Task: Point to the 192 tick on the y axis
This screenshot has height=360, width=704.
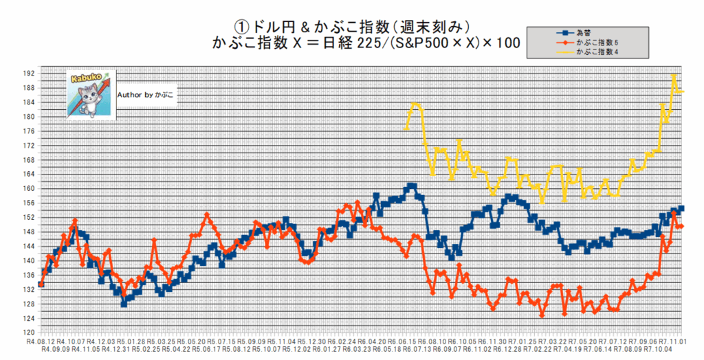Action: [29, 74]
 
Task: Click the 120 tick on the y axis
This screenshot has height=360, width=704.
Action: [29, 333]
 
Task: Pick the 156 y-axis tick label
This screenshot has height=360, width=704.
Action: [29, 203]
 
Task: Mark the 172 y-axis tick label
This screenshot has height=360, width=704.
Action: [29, 146]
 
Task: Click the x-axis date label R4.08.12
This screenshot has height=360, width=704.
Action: [40, 341]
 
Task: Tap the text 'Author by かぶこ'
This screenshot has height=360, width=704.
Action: [146, 94]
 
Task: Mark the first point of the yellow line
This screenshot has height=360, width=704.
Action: [406, 128]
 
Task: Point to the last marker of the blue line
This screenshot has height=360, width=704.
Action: [681, 208]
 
